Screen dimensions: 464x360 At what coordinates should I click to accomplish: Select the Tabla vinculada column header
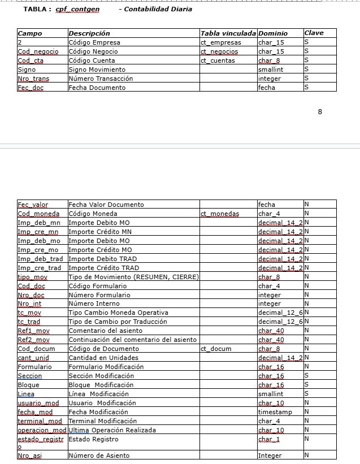(228, 33)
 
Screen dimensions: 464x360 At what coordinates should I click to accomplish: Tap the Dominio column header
(272, 33)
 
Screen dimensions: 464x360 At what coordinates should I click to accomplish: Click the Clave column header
(314, 33)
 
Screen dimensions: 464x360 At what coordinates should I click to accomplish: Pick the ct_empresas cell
(221, 42)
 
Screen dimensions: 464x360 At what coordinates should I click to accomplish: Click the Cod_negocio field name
(38, 51)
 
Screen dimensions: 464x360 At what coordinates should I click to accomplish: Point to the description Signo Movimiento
(97, 70)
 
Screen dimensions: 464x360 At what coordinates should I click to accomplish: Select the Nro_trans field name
(34, 79)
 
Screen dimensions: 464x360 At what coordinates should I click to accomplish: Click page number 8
(320, 111)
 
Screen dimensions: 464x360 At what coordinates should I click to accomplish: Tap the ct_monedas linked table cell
(220, 214)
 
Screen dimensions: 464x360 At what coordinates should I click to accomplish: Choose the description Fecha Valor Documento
(106, 205)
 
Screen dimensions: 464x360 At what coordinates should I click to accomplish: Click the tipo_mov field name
(33, 277)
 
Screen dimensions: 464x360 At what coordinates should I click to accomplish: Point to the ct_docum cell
(216, 349)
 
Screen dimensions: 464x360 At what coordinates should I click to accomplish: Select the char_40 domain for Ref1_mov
(271, 331)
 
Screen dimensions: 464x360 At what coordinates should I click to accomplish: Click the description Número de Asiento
(99, 455)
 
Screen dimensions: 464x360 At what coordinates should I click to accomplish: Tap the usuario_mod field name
(38, 403)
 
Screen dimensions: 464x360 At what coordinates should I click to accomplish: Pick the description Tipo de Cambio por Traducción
(118, 322)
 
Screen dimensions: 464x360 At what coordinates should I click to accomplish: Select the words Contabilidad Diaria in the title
(158, 9)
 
